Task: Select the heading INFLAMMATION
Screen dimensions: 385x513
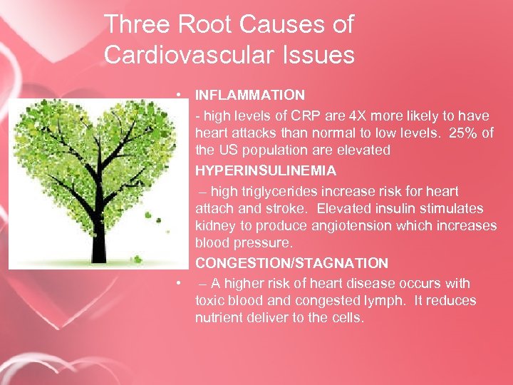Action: coord(250,95)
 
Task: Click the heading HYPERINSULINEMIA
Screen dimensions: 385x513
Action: coord(266,172)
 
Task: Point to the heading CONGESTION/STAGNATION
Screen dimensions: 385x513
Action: coord(291,264)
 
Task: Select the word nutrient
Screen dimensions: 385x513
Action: coord(219,318)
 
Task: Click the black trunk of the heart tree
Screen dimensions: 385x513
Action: coord(98,235)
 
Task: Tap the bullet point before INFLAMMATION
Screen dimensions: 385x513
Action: coord(182,95)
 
